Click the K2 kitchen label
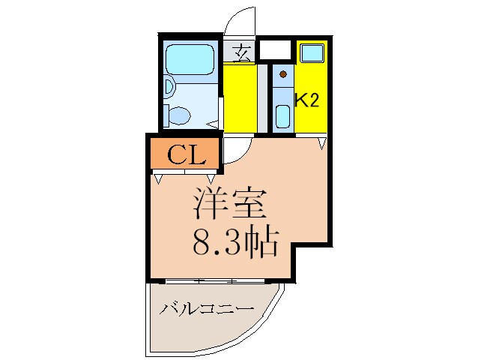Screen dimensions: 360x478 point(307,100)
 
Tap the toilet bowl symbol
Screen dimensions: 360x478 point(179,115)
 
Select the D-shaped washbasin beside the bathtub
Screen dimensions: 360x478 point(169,88)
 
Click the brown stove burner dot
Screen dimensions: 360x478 point(283,73)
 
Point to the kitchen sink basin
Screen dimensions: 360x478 point(283,116)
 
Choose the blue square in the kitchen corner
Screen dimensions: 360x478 point(311,53)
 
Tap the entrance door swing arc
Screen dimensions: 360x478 point(240,22)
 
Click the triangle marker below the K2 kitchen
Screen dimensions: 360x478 point(322,142)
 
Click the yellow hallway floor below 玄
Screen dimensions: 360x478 point(240,97)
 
